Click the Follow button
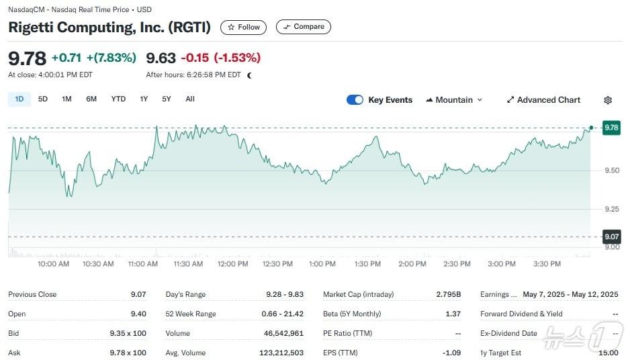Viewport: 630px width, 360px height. [243, 27]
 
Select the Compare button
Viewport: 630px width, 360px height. [303, 27]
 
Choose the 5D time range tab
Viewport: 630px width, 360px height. [43, 99]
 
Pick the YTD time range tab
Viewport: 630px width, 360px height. [118, 99]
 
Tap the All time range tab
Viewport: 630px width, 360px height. [190, 99]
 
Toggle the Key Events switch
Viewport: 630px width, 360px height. [355, 100]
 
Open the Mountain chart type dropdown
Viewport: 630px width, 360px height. [454, 100]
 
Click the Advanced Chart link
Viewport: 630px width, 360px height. [543, 100]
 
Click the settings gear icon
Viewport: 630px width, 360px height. [608, 100]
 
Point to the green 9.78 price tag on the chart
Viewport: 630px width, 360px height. [611, 127]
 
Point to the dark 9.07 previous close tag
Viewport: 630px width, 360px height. [611, 236]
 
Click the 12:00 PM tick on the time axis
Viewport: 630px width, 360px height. [232, 264]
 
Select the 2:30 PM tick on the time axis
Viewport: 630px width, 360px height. [457, 264]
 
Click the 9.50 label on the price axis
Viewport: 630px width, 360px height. [611, 171]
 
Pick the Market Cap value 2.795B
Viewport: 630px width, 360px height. [448, 294]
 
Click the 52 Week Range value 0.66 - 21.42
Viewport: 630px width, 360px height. [282, 314]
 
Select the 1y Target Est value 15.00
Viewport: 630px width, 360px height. [609, 353]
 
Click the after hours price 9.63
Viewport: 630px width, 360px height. [161, 58]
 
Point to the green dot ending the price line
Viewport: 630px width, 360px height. [591, 127]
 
